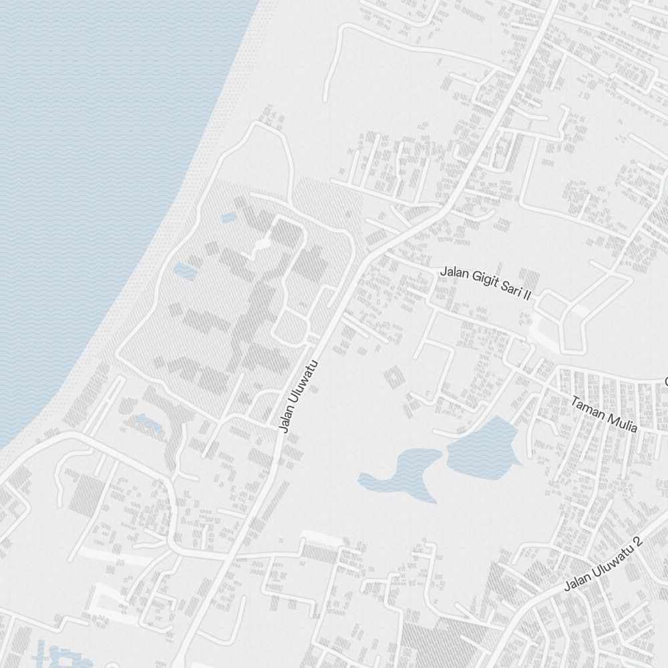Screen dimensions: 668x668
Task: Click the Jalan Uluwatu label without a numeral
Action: pos(297,396)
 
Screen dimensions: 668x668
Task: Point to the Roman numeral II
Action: pos(526,294)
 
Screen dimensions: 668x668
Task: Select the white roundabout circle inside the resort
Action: pos(259,248)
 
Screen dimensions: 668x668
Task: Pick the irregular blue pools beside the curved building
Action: pos(148,422)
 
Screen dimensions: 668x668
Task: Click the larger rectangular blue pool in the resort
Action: pos(182,271)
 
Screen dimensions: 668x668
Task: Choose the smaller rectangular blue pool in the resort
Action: pos(228,217)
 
